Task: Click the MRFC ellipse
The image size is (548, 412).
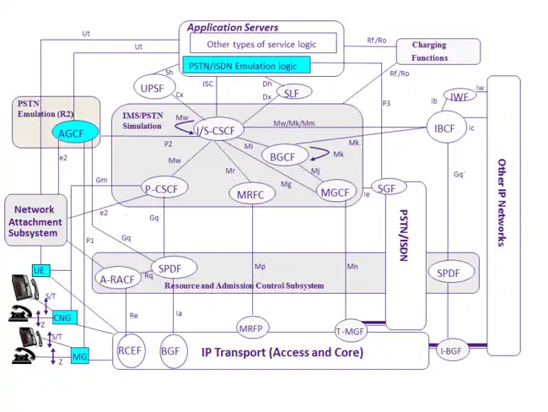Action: (252, 194)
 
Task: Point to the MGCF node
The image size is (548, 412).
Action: (335, 192)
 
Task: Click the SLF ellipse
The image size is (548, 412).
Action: (292, 92)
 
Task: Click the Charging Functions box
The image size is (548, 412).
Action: (438, 51)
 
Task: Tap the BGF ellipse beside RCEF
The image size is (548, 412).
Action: (171, 350)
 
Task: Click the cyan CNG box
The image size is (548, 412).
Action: (63, 317)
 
